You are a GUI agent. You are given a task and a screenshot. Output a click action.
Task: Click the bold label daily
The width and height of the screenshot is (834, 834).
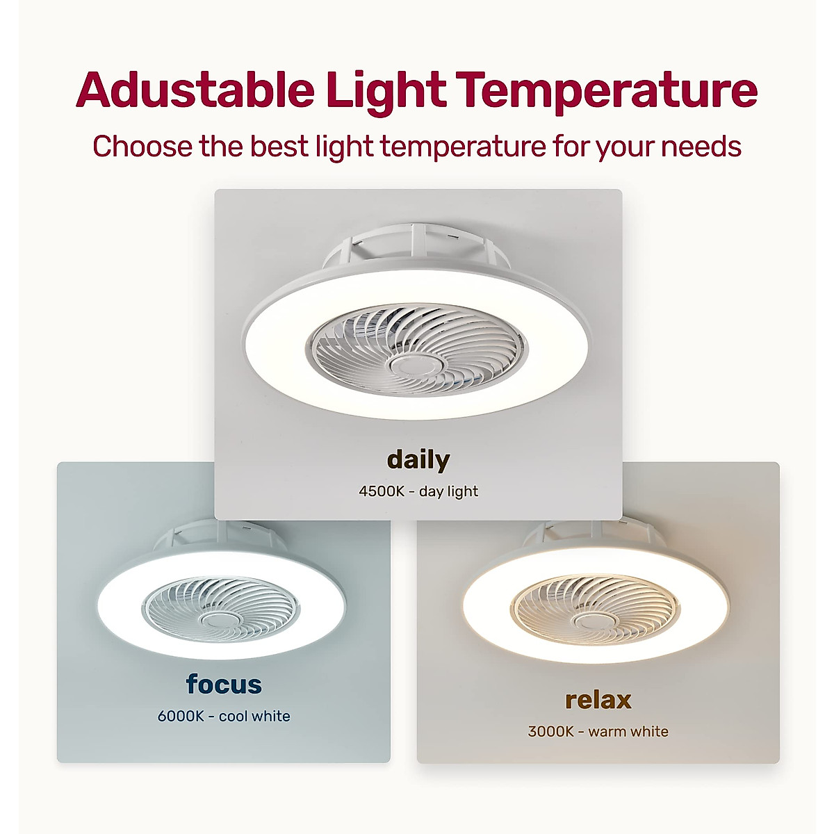coord(418,459)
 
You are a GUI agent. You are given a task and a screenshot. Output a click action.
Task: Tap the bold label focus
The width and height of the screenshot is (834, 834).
coord(224,684)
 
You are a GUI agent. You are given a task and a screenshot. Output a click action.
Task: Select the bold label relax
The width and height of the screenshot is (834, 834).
coord(598,699)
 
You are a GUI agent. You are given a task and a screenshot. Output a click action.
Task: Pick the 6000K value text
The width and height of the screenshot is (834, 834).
coord(180,716)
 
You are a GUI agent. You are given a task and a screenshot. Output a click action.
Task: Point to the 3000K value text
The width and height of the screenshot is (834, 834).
coord(551,731)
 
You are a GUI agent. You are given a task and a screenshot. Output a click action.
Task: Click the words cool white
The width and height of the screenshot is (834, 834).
coord(254,716)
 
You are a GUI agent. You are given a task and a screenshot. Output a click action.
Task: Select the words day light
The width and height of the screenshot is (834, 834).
coord(448,491)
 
